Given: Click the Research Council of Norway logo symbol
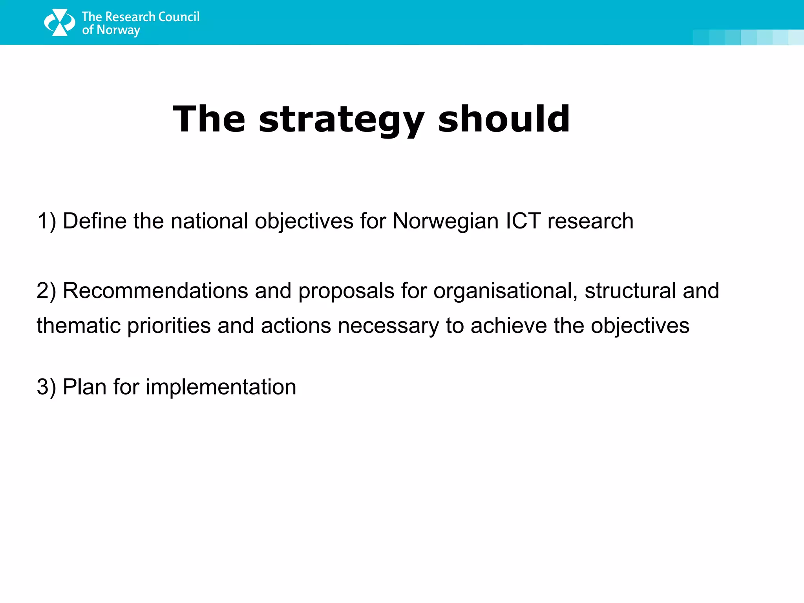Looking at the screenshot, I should [59, 22].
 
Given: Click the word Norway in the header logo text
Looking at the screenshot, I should [118, 30].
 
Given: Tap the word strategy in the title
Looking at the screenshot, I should [341, 119].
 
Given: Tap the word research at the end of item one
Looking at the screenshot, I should [590, 221].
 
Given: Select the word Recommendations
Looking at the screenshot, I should [155, 291].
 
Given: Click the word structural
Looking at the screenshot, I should [630, 291].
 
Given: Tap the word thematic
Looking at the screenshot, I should [79, 326].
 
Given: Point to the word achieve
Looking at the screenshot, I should [508, 326].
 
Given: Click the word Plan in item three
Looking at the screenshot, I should [84, 387].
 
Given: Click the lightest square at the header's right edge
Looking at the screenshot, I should [796, 37].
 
